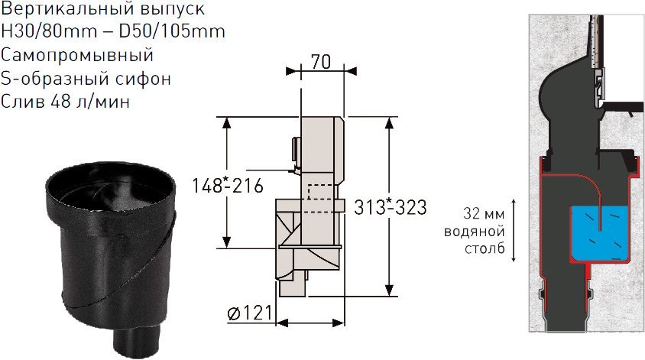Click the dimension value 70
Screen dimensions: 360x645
coord(319,61)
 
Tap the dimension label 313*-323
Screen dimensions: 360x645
coord(390,206)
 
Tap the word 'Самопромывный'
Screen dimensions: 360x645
coord(77,56)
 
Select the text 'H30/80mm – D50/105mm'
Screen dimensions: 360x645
coord(113,33)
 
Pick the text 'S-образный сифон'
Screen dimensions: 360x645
coord(86,79)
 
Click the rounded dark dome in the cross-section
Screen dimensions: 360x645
coord(562,99)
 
